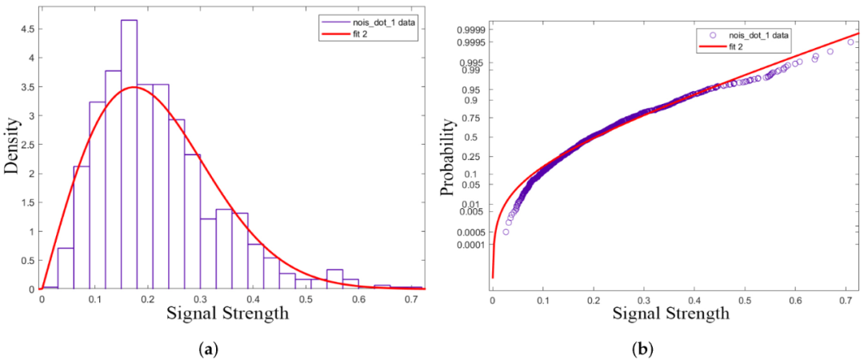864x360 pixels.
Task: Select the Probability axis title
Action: (x=448, y=157)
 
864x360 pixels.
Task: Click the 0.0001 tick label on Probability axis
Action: (x=470, y=245)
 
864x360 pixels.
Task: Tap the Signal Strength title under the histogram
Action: (x=228, y=314)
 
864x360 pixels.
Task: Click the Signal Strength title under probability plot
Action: (x=670, y=314)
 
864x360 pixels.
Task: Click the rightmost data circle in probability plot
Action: (x=850, y=42)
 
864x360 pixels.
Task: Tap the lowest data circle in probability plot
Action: (x=506, y=232)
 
